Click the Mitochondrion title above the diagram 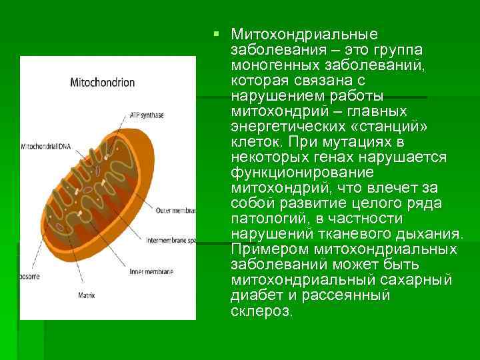(103, 83)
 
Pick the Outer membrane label (175, 211)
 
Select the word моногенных (271, 65)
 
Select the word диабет (254, 295)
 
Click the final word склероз (261, 311)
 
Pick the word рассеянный (340, 295)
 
